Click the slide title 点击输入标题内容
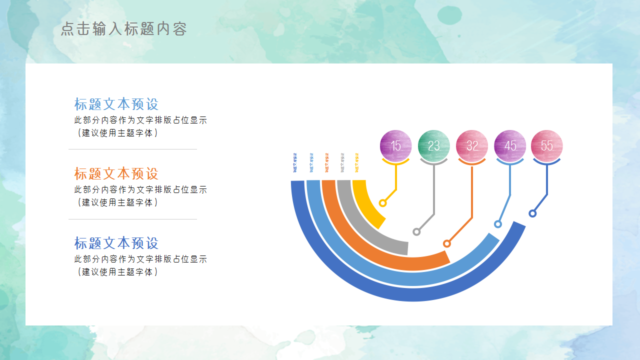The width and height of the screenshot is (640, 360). tap(123, 29)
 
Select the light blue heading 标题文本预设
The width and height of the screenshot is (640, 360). tap(116, 104)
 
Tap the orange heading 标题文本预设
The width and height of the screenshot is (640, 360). tap(116, 173)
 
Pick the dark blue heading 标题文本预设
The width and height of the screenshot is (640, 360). tap(116, 243)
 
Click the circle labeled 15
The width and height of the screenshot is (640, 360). tap(395, 145)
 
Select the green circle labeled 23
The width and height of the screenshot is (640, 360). tap(433, 145)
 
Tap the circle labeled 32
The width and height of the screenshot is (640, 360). tap(472, 145)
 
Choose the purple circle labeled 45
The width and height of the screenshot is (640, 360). tap(510, 145)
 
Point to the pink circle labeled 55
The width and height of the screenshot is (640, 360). tap(547, 145)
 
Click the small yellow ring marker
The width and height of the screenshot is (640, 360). tap(383, 203)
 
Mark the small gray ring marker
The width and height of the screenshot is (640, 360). tap(416, 231)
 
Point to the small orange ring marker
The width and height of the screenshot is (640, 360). tap(447, 243)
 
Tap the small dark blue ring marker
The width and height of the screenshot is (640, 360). tap(532, 213)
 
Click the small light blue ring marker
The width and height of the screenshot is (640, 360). tap(498, 224)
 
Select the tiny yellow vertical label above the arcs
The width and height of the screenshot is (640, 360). tap(356, 162)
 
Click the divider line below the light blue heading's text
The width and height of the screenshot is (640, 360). tap(132, 149)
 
